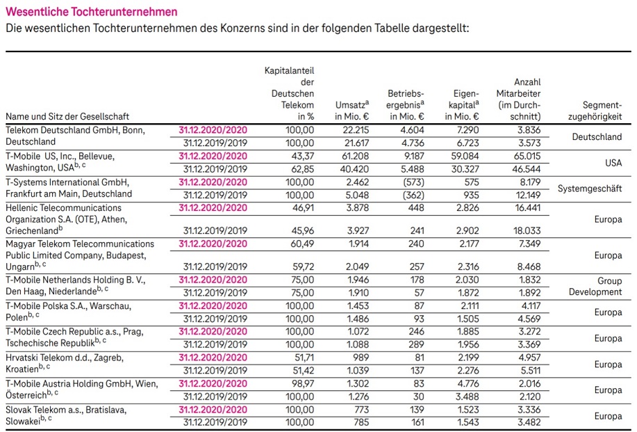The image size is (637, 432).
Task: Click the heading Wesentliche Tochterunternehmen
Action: (91, 12)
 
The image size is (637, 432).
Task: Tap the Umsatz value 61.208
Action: (355, 155)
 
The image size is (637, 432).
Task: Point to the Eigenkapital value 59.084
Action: (463, 155)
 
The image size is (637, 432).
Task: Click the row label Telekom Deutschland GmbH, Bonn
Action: (72, 129)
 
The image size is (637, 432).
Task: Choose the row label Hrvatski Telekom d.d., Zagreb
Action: (64, 357)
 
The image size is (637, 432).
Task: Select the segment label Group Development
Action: (595, 285)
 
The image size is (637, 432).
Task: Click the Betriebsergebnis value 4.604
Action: (410, 129)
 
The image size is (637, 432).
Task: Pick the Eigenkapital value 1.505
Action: (468, 318)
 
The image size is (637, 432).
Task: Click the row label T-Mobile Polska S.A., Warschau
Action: (68, 305)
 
